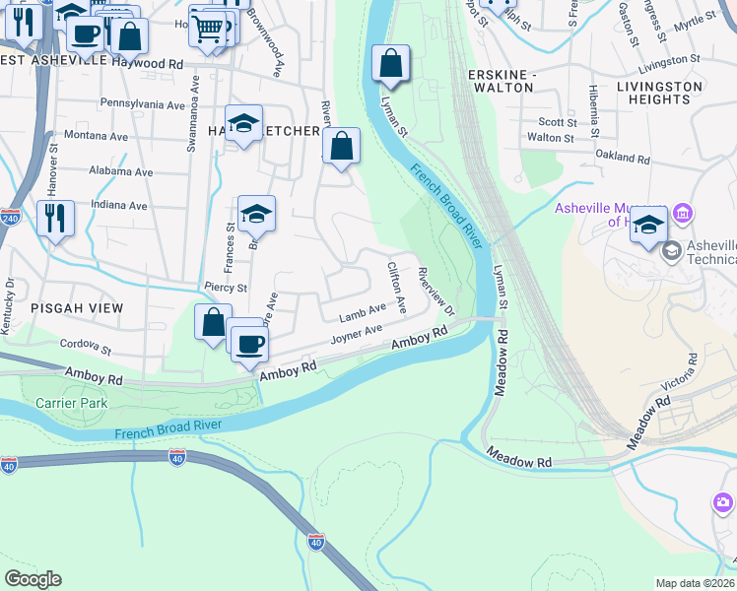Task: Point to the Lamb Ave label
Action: click(363, 314)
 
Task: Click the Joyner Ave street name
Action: click(356, 336)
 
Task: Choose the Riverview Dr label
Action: click(435, 293)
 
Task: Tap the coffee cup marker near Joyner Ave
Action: click(249, 342)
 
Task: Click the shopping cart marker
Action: click(207, 29)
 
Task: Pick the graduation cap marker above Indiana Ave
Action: click(256, 213)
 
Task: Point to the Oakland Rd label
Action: click(623, 158)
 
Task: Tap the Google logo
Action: click(33, 579)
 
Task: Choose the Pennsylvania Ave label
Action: click(143, 104)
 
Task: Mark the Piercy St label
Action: click(226, 288)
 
